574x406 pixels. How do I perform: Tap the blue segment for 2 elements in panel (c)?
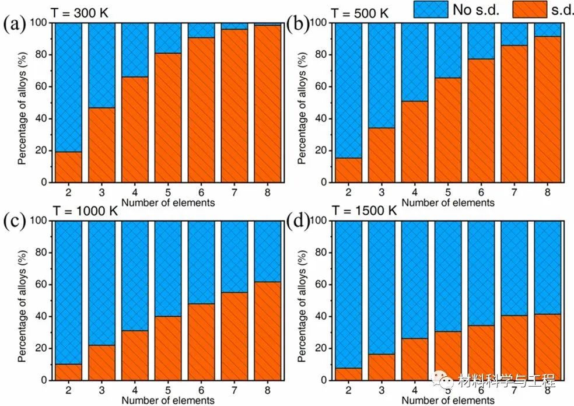(x=68, y=292)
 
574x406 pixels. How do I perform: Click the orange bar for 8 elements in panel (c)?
(x=268, y=331)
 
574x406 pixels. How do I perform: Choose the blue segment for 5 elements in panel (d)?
(x=447, y=276)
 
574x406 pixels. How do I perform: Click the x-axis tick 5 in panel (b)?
(x=447, y=192)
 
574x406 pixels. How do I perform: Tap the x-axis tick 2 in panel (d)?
(x=348, y=390)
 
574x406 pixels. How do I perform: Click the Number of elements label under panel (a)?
(x=168, y=202)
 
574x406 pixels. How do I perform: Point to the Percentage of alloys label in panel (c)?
(x=22, y=300)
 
